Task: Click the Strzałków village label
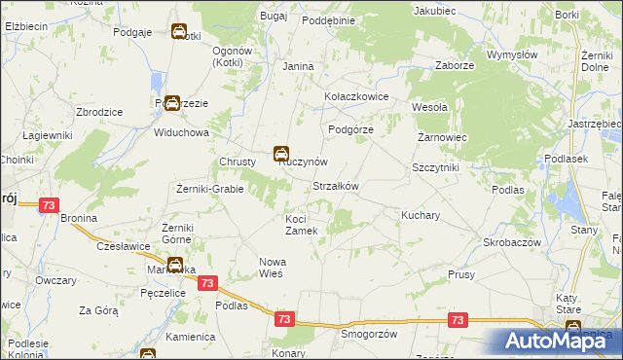(x=336, y=187)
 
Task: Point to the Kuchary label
(x=421, y=213)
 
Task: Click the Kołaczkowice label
(x=356, y=97)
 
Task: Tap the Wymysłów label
(x=512, y=55)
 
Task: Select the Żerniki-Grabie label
(x=210, y=188)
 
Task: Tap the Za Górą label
(x=98, y=310)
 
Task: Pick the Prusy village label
(x=461, y=275)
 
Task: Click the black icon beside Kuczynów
(x=280, y=153)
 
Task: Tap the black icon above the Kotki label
(x=180, y=32)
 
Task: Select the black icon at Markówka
(x=174, y=265)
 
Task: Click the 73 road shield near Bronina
(x=50, y=205)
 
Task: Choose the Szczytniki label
(x=435, y=167)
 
